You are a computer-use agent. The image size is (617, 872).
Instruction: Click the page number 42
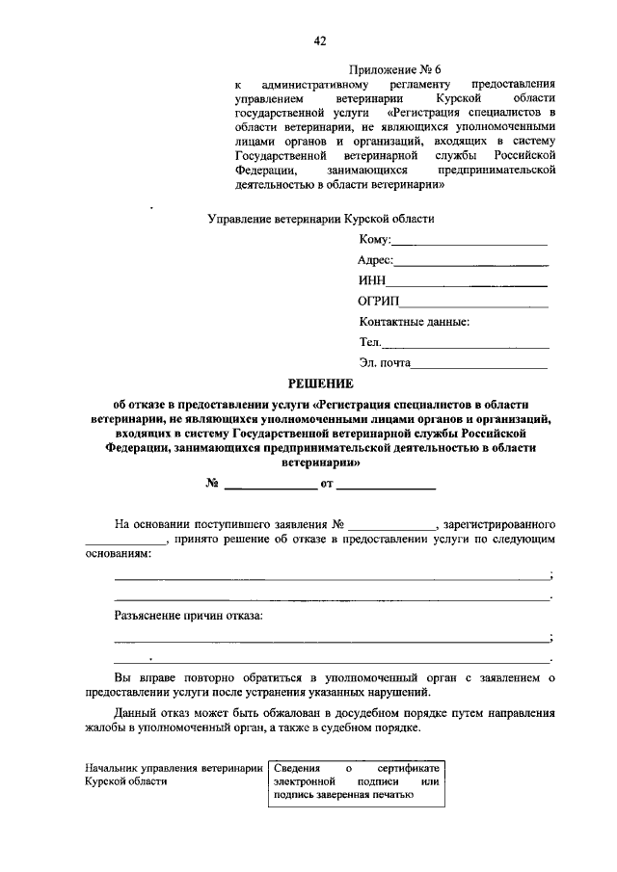click(x=320, y=40)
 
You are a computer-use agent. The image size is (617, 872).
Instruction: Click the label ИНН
click(x=371, y=280)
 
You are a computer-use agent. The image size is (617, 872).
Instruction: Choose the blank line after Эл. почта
click(x=482, y=366)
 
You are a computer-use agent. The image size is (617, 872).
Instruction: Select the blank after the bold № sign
click(x=270, y=487)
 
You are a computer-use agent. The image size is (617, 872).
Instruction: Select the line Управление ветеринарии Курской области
click(x=321, y=219)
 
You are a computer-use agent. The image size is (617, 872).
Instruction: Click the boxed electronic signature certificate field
click(x=356, y=781)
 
